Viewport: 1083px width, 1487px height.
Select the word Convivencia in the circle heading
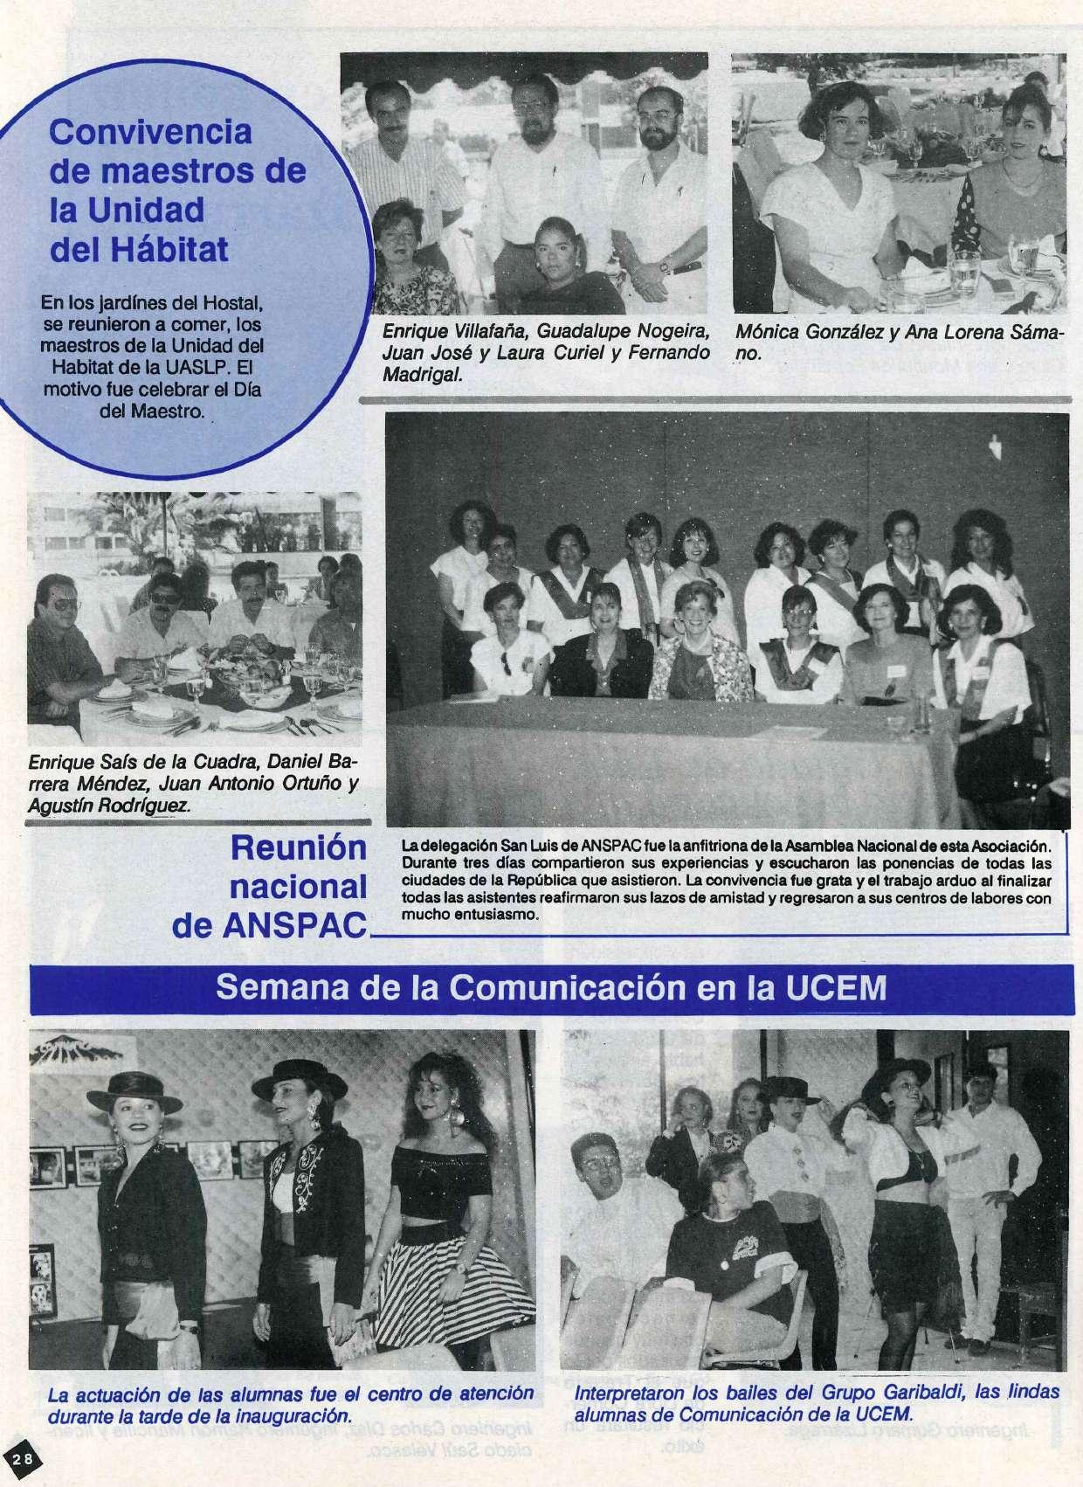[150, 132]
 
